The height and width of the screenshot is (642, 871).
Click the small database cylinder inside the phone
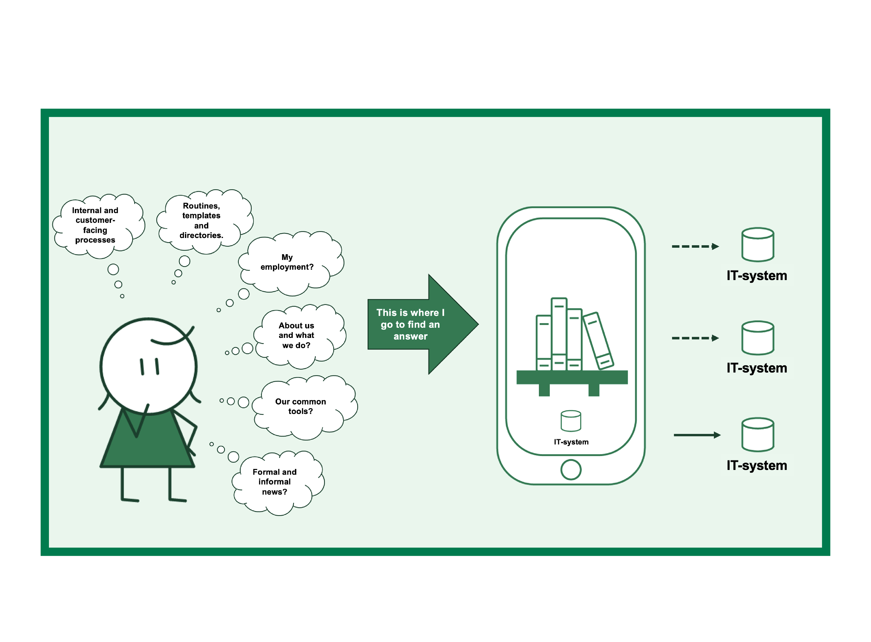571,421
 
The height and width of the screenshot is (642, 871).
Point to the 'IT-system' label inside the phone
571,442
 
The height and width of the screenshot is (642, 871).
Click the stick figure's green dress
148,443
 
